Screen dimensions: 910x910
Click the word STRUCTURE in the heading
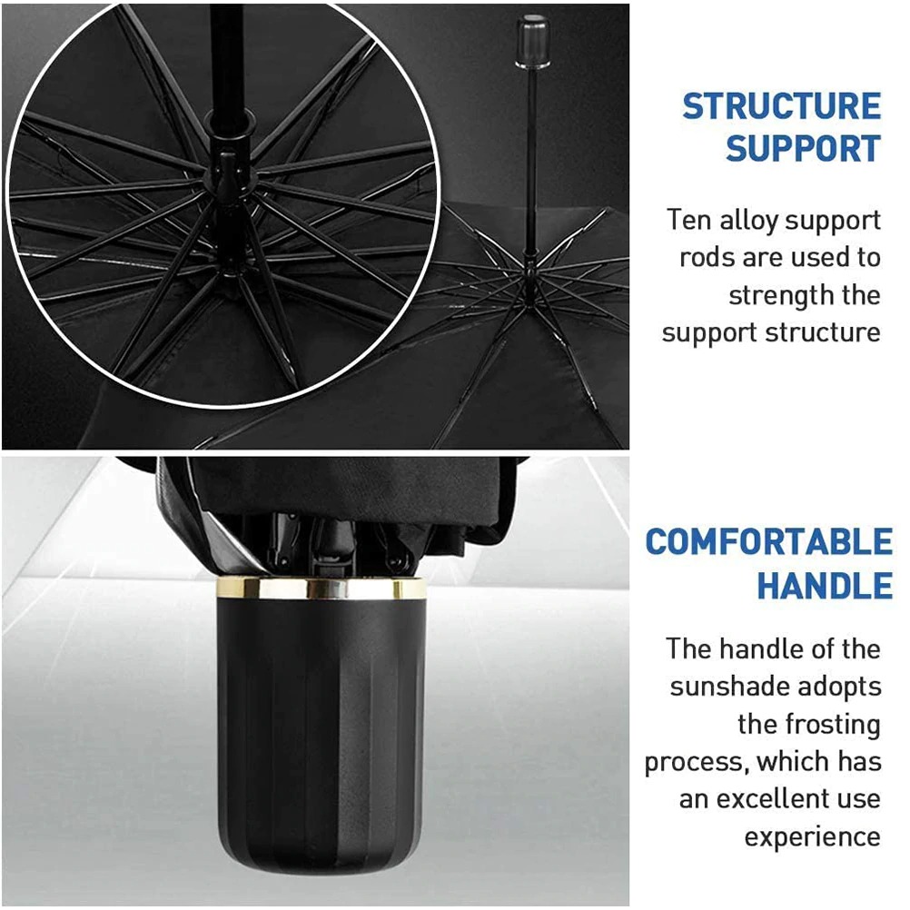[x=781, y=107]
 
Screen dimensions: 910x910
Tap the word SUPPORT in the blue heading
[x=803, y=148]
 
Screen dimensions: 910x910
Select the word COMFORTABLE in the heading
[x=768, y=542]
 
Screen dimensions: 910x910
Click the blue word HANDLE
[x=825, y=586]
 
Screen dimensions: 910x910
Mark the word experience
[x=812, y=836]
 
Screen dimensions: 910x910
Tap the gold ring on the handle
[x=320, y=589]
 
